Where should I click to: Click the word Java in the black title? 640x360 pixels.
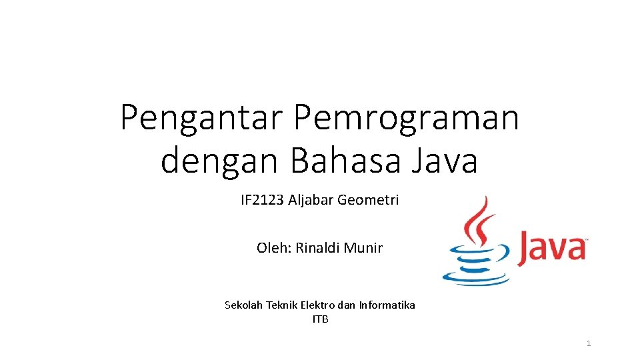(445, 161)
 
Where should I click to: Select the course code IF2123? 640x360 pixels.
(262, 199)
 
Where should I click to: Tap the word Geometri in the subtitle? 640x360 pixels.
(368, 199)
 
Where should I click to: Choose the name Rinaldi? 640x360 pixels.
(317, 248)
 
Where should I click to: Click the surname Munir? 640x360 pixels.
(363, 248)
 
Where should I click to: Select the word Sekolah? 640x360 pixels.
(244, 305)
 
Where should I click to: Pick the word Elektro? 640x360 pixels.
(317, 305)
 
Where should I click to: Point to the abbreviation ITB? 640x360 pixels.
(320, 319)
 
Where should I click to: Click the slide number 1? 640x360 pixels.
(589, 343)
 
